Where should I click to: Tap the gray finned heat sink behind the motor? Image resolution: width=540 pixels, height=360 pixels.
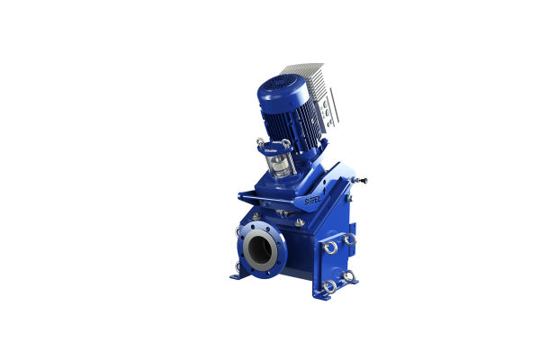tap(311, 82)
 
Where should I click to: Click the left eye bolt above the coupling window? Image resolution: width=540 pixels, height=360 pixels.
tap(260, 142)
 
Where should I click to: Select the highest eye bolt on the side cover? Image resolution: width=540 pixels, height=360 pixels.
tap(349, 239)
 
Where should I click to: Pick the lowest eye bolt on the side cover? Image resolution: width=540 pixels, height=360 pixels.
tap(330, 286)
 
